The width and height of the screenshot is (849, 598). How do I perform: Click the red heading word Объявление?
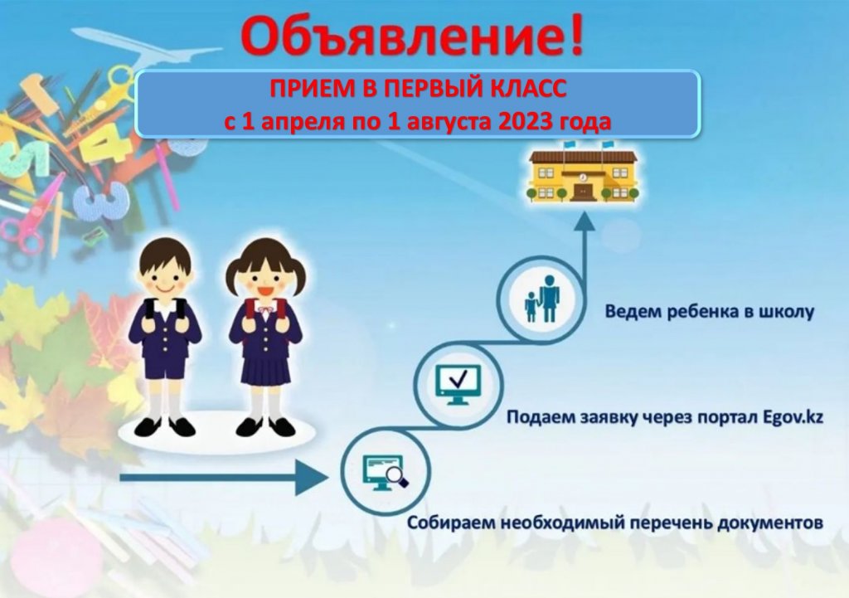coord(400,36)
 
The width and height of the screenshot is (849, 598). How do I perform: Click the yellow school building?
coord(583,173)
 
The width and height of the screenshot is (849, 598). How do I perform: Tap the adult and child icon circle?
coord(541,299)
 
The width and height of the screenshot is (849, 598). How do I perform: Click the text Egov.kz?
coord(793,418)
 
